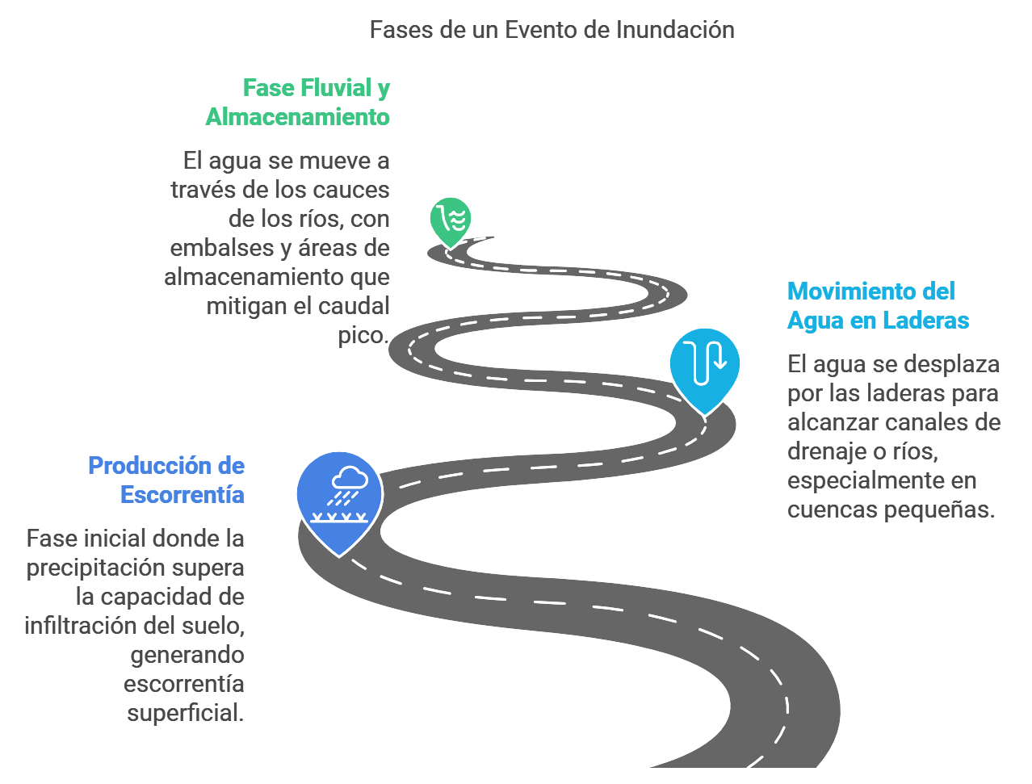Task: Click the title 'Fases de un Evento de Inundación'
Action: pos(552,30)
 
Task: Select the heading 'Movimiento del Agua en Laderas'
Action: pos(877,305)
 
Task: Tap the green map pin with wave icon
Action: pos(451,220)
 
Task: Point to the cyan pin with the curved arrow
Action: pos(705,367)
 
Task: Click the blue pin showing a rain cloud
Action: pos(339,497)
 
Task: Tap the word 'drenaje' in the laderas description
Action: pos(826,451)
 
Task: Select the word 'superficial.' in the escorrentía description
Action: pos(185,713)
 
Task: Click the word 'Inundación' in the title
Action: pos(675,30)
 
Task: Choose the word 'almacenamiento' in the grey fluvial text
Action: pos(254,277)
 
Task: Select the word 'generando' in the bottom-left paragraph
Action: pos(187,655)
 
